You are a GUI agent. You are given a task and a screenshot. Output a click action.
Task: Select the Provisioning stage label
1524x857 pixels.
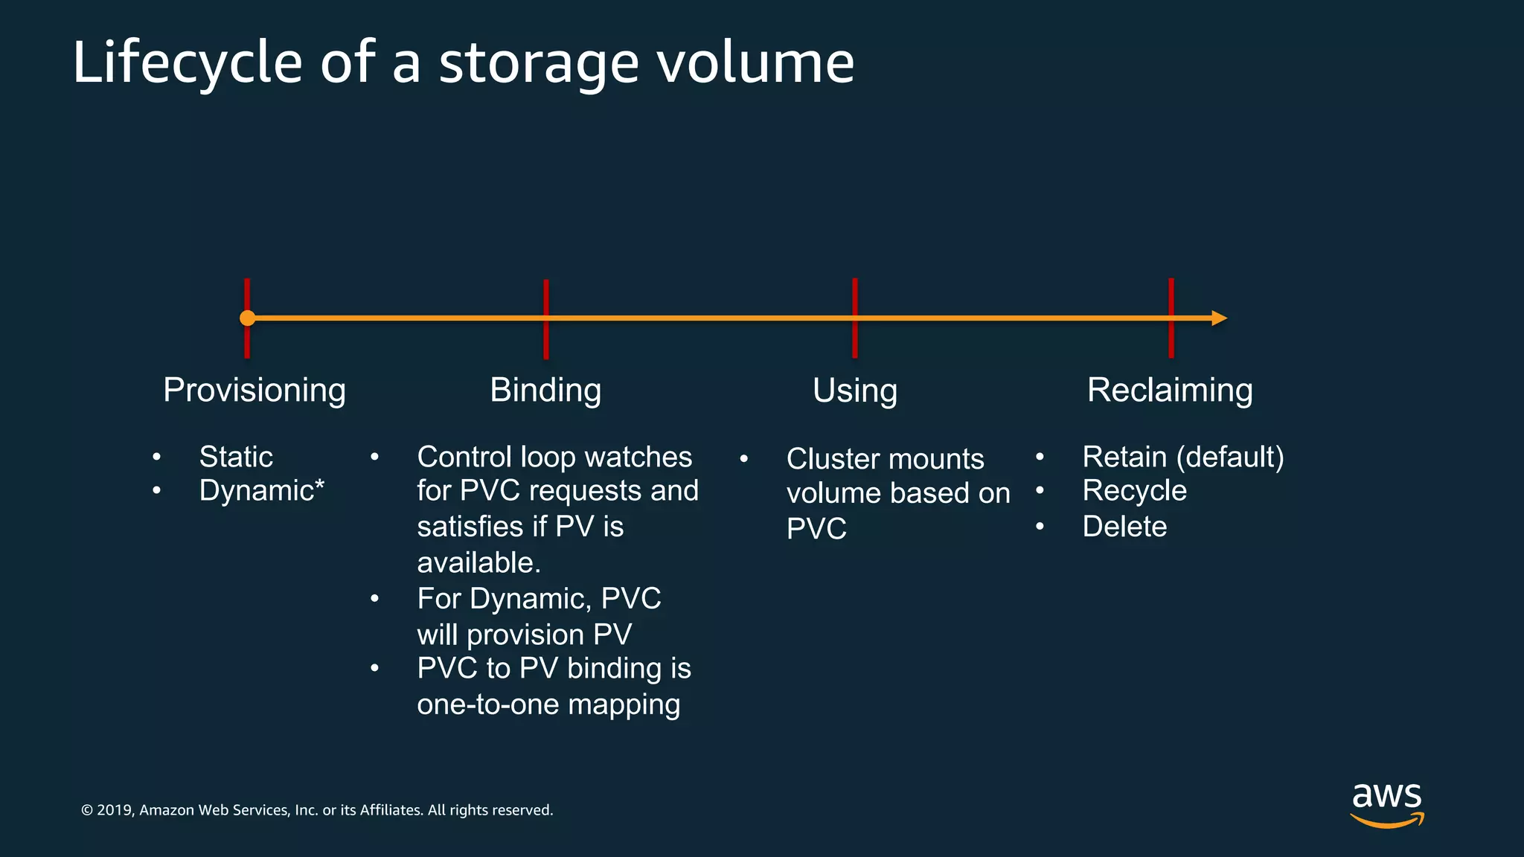tap(254, 391)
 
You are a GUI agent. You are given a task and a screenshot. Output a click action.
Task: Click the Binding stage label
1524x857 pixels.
tap(545, 391)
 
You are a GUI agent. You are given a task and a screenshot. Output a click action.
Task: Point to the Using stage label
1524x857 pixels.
tap(855, 391)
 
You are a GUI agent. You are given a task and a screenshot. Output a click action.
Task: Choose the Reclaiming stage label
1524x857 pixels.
tap(1170, 391)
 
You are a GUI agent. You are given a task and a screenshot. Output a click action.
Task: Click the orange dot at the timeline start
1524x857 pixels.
tap(248, 318)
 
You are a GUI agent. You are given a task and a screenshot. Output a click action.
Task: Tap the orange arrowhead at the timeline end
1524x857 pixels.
tap(1219, 318)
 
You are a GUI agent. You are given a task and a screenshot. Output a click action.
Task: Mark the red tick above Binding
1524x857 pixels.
tap(546, 298)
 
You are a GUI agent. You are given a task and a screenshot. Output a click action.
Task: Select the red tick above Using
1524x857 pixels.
tap(855, 298)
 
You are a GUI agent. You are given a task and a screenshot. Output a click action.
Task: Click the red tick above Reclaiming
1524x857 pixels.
tap(1171, 298)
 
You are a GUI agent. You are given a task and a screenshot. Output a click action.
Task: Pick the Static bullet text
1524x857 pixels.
tap(236, 457)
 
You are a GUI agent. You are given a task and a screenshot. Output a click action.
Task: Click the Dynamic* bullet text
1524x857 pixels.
tap(261, 491)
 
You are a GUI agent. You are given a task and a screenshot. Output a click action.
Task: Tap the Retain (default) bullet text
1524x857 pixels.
tap(1183, 457)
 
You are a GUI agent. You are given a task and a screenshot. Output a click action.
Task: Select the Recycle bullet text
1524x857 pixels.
tap(1134, 491)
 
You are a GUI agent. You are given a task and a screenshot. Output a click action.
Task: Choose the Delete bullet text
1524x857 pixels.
tap(1124, 527)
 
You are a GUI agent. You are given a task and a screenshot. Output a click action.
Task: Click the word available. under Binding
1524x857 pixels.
tap(478, 563)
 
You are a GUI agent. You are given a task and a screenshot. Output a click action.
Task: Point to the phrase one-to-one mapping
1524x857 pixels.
tap(548, 704)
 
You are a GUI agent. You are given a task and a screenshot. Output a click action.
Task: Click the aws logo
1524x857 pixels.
tap(1387, 803)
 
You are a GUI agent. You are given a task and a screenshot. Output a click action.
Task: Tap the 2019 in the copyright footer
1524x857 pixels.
tap(114, 810)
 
